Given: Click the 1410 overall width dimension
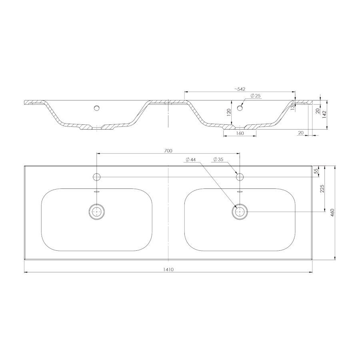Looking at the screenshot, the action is [168, 270].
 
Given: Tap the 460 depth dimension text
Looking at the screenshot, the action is [332, 213].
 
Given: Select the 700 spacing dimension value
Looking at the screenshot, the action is [168, 151].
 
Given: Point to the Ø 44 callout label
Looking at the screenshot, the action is [190, 159].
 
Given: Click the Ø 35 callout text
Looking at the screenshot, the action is [218, 159].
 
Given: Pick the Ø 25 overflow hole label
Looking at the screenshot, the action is [256, 96].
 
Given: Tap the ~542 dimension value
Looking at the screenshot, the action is [240, 89].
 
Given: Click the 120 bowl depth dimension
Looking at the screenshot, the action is [229, 113].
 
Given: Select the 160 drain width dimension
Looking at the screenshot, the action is [240, 133].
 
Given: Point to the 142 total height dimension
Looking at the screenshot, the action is [324, 114].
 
